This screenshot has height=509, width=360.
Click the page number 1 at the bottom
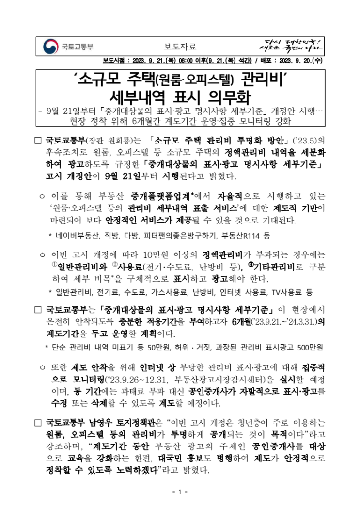[179, 492]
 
